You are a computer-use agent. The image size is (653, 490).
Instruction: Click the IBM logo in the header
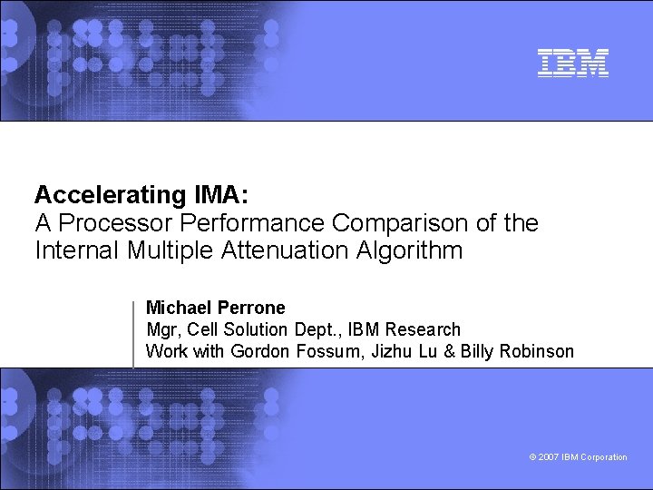(572, 63)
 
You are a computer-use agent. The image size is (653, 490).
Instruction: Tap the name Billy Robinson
(517, 351)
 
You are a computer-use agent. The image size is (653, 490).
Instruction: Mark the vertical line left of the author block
(134, 333)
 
